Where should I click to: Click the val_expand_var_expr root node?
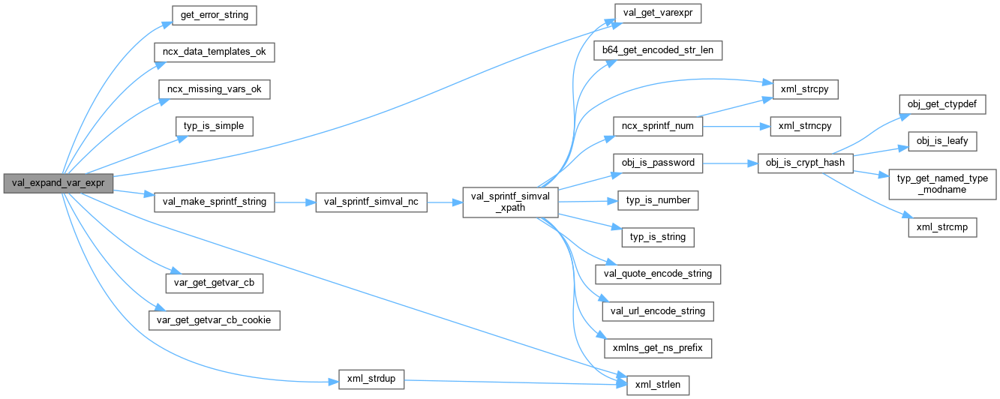tap(58, 183)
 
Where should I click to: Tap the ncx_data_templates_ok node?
tap(214, 52)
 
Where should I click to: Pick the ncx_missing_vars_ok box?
tap(214, 88)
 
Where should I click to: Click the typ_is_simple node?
tap(214, 126)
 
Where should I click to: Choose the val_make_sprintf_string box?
tap(214, 202)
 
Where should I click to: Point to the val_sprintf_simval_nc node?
tap(371, 202)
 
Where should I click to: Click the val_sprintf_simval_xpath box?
tap(509, 202)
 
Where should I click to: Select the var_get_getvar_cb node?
tap(214, 283)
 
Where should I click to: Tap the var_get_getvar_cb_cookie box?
tap(214, 319)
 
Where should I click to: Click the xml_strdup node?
tap(371, 379)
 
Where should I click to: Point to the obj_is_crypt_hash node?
tap(805, 163)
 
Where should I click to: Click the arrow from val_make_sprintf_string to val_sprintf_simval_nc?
tap(296, 202)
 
